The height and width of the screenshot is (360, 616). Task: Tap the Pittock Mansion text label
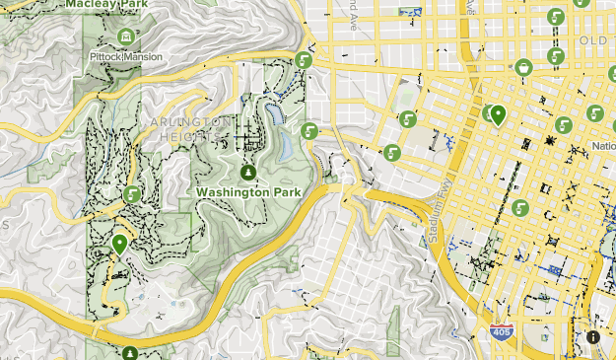tap(126, 57)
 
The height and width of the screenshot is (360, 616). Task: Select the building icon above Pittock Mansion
tap(126, 37)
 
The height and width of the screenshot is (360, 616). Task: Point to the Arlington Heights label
tap(192, 120)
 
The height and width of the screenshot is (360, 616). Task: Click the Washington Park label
tap(247, 191)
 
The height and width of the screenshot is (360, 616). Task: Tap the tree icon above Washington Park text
tap(248, 173)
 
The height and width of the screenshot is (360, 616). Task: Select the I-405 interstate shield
tap(501, 334)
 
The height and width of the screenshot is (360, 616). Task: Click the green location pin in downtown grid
tap(498, 116)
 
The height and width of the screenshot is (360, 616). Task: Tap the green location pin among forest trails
tap(120, 244)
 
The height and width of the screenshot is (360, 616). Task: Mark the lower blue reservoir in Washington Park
tap(286, 147)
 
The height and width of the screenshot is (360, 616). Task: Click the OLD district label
tap(595, 40)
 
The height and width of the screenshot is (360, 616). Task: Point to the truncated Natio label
tap(603, 147)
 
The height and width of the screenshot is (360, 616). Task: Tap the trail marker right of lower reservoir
tap(309, 131)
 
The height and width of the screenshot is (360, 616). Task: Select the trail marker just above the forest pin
tap(130, 194)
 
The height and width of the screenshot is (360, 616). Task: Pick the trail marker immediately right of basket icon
tap(557, 57)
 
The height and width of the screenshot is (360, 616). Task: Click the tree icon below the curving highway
tap(130, 352)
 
